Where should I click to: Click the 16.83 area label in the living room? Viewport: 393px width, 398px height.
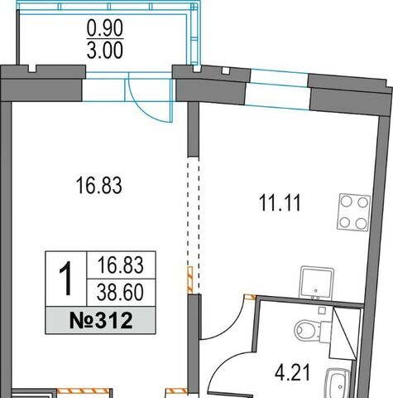point(98,186)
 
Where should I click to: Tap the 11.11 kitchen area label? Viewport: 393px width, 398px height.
point(280,203)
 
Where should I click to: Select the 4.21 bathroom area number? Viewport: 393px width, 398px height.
point(292,372)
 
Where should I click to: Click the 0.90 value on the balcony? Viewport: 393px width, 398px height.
point(105,28)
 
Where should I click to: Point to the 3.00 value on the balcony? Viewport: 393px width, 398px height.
point(105,50)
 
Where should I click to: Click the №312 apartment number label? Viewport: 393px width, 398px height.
point(101,321)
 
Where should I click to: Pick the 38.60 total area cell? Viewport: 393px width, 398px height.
point(120,293)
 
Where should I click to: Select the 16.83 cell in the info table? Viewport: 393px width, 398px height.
point(121,265)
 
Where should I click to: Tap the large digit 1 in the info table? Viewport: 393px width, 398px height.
point(65,279)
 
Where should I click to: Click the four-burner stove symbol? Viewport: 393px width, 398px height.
point(353,212)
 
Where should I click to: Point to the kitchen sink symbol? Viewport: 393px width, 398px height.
point(317,283)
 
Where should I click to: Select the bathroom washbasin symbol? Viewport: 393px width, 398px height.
point(338,383)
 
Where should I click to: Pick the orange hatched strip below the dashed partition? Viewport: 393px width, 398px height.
point(190,279)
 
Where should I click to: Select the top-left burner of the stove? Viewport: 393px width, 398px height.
point(347,201)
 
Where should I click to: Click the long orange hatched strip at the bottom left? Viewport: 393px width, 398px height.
point(84,391)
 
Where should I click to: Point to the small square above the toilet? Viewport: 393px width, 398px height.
point(322,310)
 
